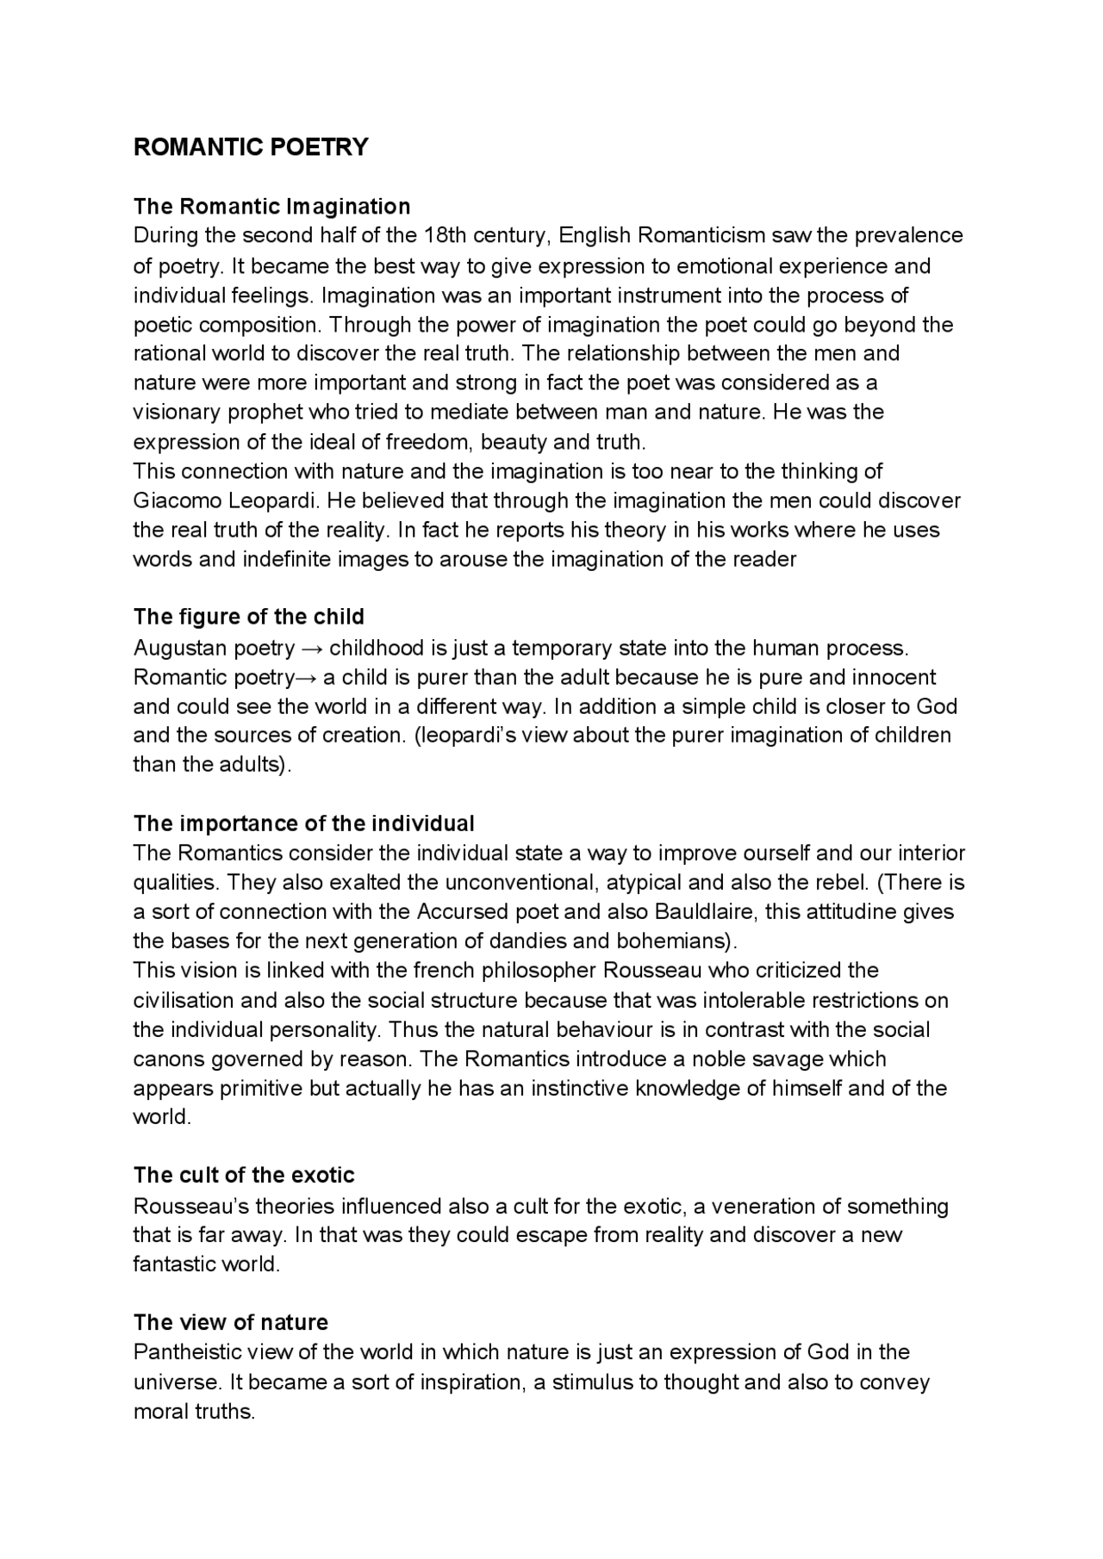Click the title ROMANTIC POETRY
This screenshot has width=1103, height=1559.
[x=251, y=147]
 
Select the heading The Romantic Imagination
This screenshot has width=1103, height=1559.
[x=271, y=207]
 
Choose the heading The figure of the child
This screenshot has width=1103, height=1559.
[x=249, y=617]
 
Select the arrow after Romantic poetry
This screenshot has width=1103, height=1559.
[x=306, y=678]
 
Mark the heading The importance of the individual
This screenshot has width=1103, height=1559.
[x=303, y=823]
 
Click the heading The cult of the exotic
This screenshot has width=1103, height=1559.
[x=244, y=1176]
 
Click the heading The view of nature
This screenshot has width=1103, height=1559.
[x=231, y=1322]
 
